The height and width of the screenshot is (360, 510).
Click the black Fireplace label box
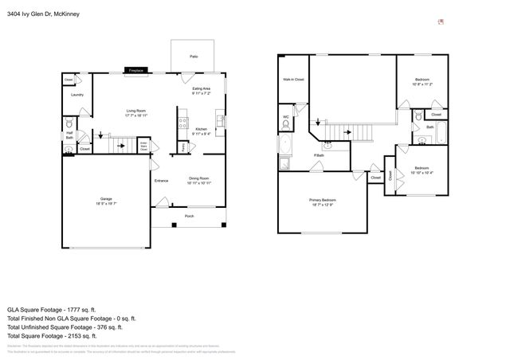point(136,72)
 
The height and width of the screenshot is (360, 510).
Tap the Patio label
point(193,57)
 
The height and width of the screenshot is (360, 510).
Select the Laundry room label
point(77,95)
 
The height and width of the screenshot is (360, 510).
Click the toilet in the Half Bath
point(69,126)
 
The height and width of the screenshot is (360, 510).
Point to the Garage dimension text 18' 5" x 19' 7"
point(106,203)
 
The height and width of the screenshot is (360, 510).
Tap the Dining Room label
point(199,178)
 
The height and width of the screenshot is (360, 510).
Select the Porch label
point(189,216)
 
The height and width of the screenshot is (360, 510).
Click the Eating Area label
point(201,88)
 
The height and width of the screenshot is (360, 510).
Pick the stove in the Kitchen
point(183,123)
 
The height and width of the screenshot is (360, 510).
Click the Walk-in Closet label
point(293,80)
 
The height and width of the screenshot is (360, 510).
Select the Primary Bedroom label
point(323,200)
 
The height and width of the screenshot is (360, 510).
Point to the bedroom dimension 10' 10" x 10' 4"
point(422,172)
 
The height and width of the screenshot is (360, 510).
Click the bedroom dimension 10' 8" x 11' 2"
point(422,84)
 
